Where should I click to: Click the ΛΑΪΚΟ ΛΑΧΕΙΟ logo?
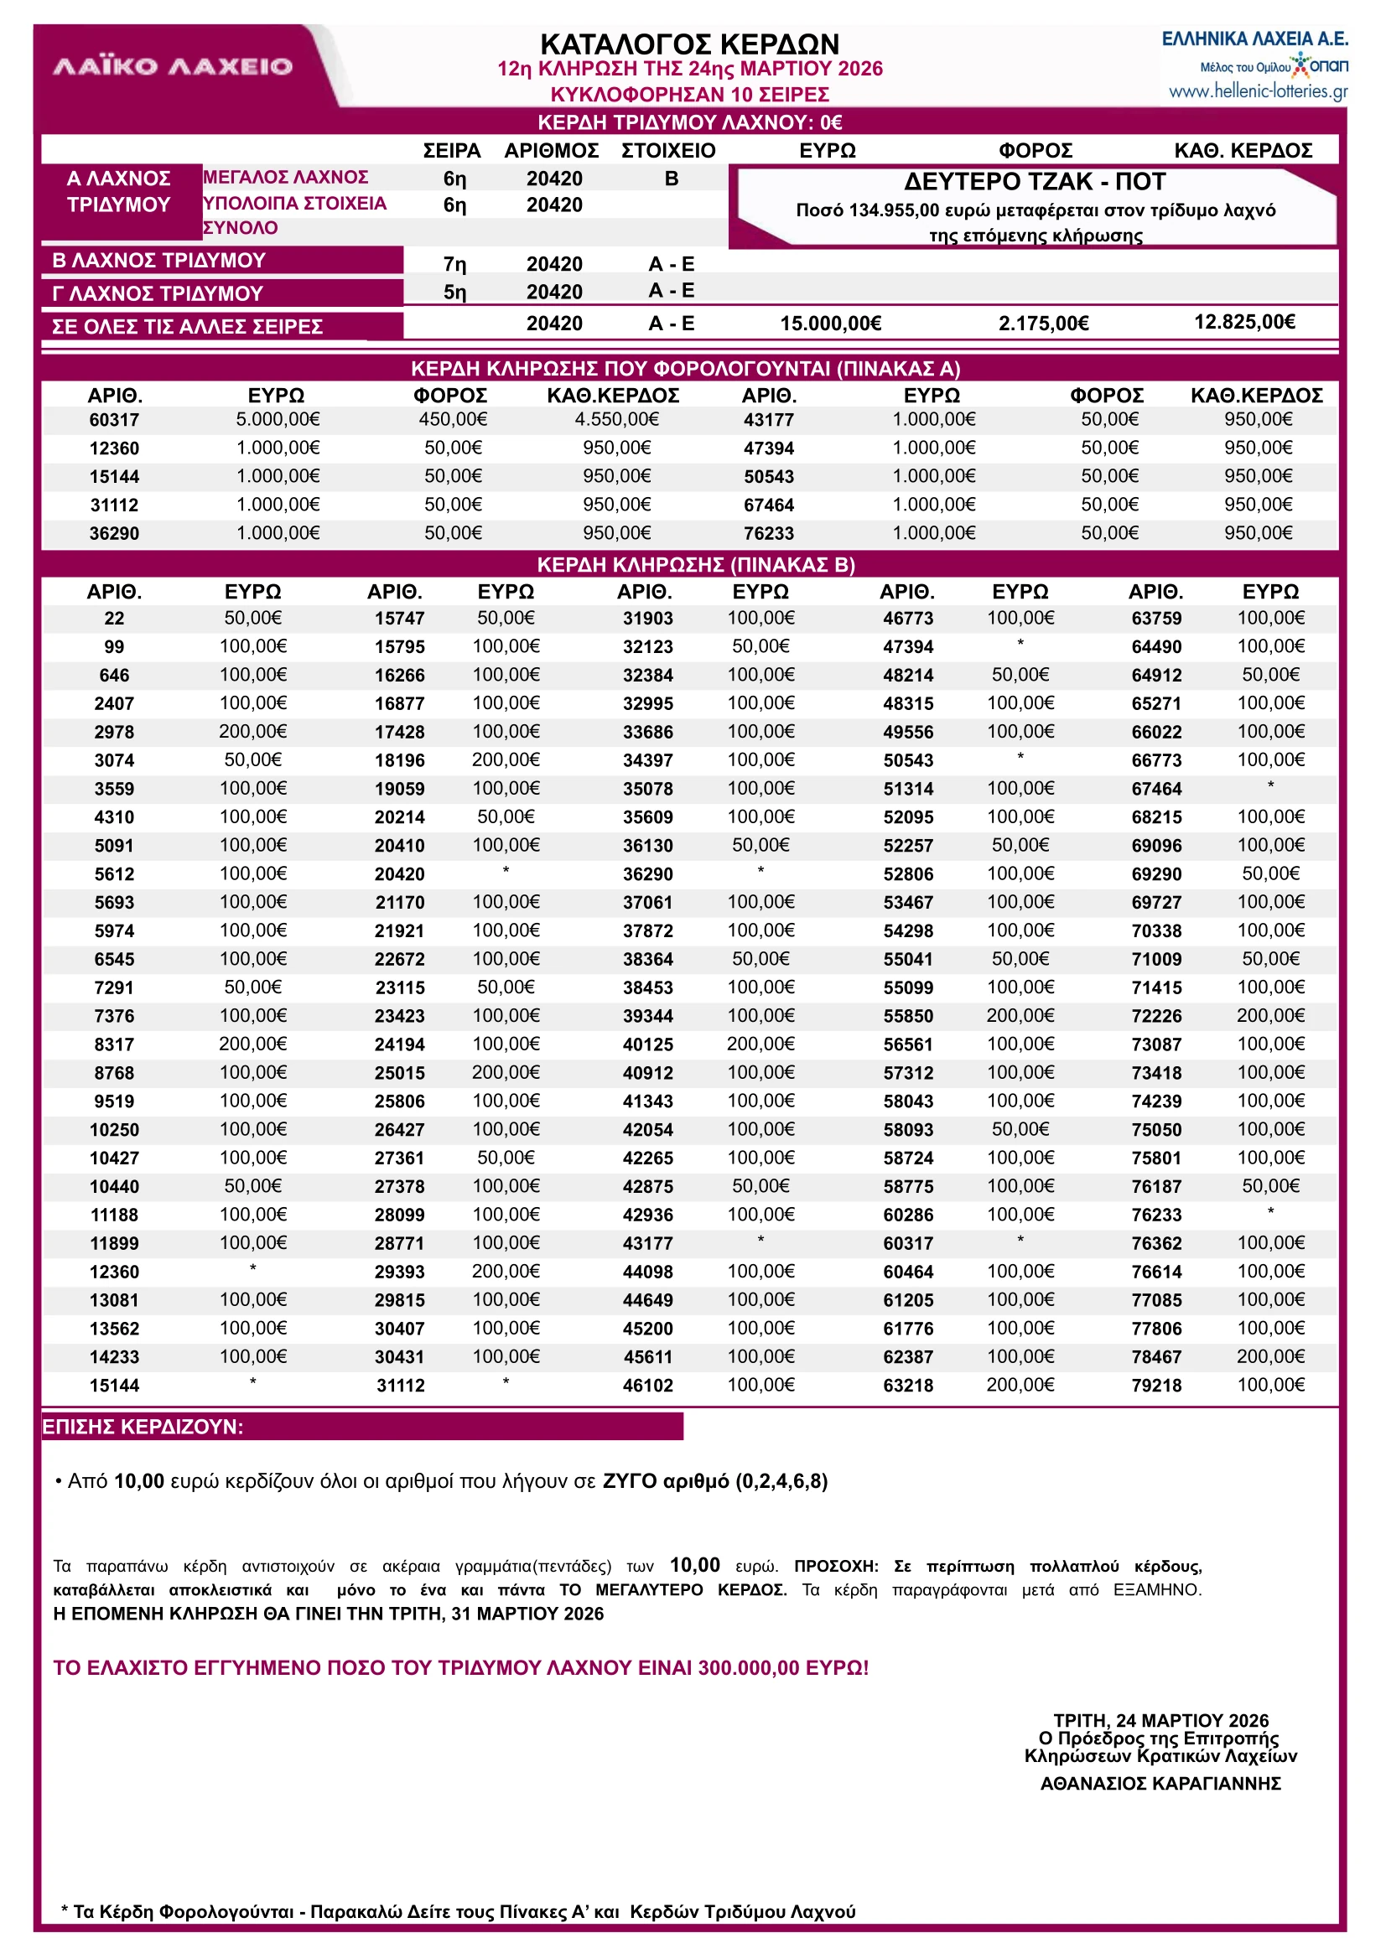[173, 66]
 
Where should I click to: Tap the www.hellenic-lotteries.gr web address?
[1257, 91]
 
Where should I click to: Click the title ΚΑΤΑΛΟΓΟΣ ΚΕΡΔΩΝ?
[689, 44]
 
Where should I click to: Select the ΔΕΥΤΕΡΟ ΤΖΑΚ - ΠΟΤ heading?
[1035, 182]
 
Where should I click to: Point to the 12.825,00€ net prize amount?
[1243, 322]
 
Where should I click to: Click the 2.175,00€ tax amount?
[1043, 324]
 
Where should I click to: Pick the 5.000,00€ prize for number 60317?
[278, 419]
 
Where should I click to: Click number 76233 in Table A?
[768, 533]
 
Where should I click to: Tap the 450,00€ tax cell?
[452, 419]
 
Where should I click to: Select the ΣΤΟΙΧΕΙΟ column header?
[667, 151]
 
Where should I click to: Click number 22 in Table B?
[114, 619]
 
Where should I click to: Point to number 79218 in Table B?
[1155, 1386]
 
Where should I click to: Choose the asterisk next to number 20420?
[506, 871]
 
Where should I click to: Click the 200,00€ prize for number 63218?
[1020, 1385]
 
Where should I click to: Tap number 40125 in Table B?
[647, 1044]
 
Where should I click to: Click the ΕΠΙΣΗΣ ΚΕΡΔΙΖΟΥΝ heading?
[143, 1427]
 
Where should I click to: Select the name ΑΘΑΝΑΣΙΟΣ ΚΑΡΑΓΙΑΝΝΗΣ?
[1160, 1783]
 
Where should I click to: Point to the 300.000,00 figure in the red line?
[749, 1667]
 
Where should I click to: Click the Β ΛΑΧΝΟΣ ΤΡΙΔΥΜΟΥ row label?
[158, 260]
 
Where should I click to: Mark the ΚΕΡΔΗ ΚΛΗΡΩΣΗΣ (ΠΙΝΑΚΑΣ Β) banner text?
[695, 565]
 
